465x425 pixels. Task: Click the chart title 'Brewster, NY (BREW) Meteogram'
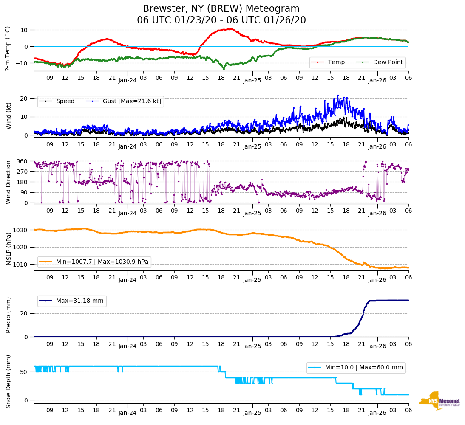coord(221,9)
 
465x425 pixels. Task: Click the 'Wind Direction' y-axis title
coord(9,182)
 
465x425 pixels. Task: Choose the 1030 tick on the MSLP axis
coord(22,230)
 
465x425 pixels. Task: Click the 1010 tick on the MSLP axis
coord(22,265)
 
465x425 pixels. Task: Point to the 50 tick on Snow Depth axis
coord(26,372)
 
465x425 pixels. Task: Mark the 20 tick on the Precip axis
coord(26,314)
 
